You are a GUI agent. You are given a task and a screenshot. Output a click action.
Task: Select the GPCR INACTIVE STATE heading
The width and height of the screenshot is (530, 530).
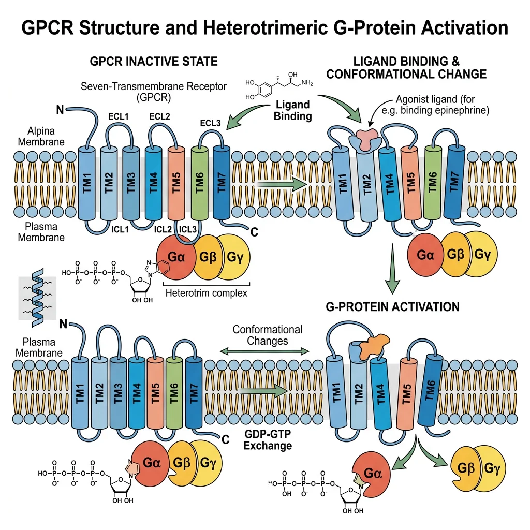(x=154, y=62)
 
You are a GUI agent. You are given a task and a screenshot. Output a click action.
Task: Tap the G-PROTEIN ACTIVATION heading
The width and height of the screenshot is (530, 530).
(x=392, y=307)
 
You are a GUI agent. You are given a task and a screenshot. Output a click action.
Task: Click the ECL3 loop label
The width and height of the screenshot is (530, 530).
(x=210, y=123)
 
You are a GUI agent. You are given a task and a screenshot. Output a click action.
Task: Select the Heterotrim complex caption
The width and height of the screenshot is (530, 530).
(x=206, y=293)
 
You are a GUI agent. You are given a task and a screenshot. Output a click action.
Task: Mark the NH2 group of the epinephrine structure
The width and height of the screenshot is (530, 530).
(x=307, y=82)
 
